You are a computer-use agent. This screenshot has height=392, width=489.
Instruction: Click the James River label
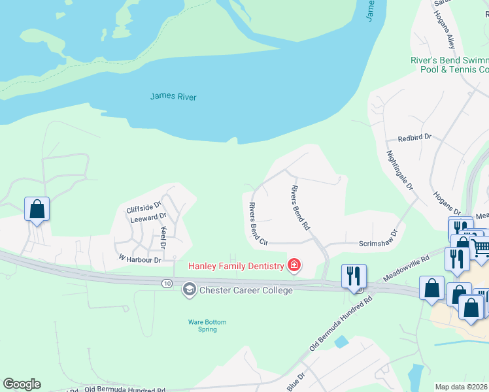[173, 97]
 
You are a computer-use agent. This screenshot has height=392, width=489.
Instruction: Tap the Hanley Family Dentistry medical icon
[294, 265]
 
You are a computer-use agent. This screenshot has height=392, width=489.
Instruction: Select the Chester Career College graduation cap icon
[190, 289]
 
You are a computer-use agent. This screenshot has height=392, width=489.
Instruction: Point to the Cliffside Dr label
[143, 209]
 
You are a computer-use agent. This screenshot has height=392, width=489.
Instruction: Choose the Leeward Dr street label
[148, 218]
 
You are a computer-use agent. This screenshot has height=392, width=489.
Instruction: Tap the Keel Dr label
[164, 237]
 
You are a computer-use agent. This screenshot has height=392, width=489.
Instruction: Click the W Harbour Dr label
[139, 259]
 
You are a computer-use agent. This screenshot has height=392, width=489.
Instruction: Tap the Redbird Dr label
[415, 139]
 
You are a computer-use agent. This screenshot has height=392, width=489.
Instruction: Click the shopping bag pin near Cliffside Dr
[37, 210]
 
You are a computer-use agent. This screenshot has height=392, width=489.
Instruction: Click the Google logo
[22, 384]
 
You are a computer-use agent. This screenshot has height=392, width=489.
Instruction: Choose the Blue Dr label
[296, 382]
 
